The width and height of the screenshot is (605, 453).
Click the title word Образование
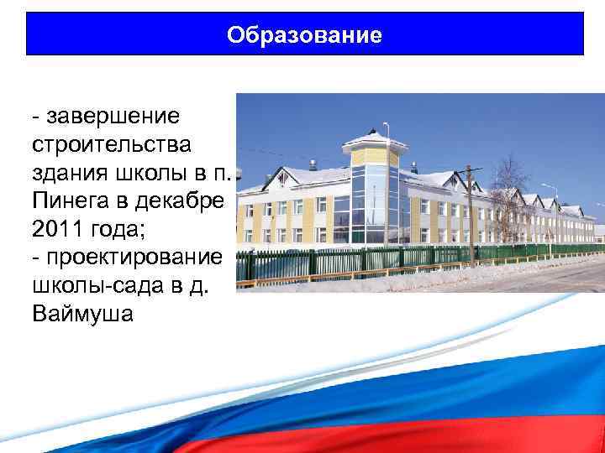coord(304,35)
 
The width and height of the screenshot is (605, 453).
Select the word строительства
coord(112,143)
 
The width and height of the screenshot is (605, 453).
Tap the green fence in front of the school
coord(353,261)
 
